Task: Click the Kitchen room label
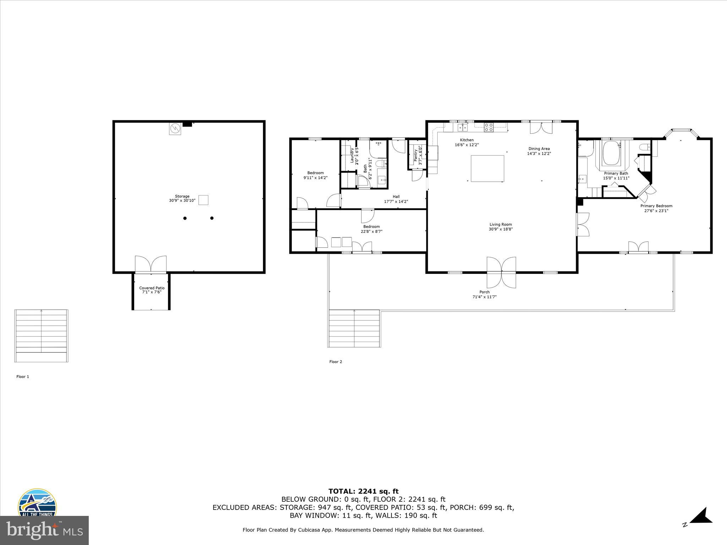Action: pyautogui.click(x=467, y=140)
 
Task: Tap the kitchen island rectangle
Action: pyautogui.click(x=487, y=168)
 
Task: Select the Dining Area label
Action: pyautogui.click(x=539, y=149)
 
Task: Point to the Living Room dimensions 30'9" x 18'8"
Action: pyautogui.click(x=501, y=229)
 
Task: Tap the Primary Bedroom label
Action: pyautogui.click(x=656, y=206)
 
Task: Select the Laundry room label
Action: pyautogui.click(x=352, y=155)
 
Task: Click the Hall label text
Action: pyautogui.click(x=396, y=197)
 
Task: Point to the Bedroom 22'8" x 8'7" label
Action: pyautogui.click(x=371, y=229)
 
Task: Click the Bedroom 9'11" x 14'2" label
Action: pyautogui.click(x=315, y=175)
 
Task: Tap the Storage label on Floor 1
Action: pyautogui.click(x=182, y=196)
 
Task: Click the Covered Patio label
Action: pyautogui.click(x=152, y=288)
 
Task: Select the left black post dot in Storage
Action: pyautogui.click(x=185, y=218)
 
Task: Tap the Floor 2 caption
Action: pyautogui.click(x=335, y=362)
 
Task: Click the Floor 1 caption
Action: pyautogui.click(x=23, y=377)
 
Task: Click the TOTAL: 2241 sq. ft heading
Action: pyautogui.click(x=363, y=491)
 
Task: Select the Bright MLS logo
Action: pyautogui.click(x=44, y=530)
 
